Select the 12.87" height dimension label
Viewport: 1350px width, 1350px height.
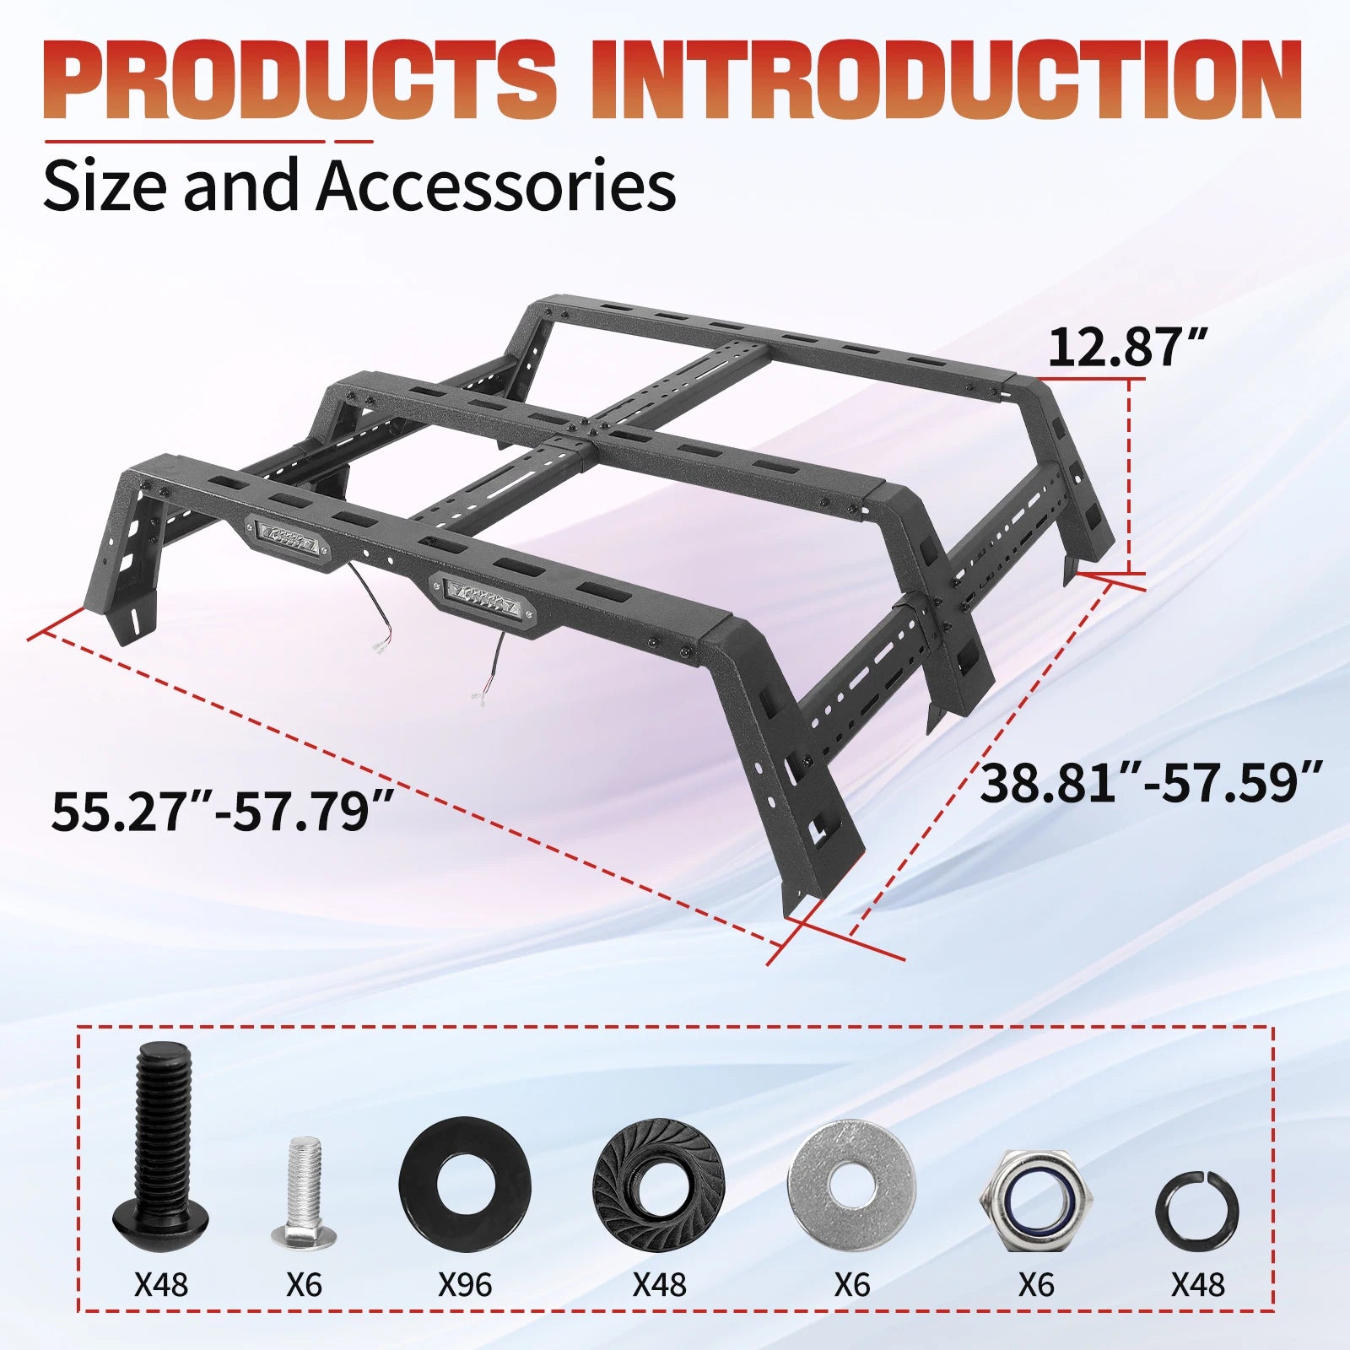coord(1128,347)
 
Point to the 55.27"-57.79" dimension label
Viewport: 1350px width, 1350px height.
coord(223,811)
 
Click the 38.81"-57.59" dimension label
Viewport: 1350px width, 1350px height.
coord(1151,782)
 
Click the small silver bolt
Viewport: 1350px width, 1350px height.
coord(303,1191)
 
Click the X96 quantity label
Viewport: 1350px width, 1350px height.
coord(465,1285)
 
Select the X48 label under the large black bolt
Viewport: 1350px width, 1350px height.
coord(161,1285)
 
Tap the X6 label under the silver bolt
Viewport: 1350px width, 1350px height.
coord(304,1285)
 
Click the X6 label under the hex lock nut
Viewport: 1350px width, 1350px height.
coord(1036,1285)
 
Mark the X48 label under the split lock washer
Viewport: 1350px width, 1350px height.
coord(1197,1285)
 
